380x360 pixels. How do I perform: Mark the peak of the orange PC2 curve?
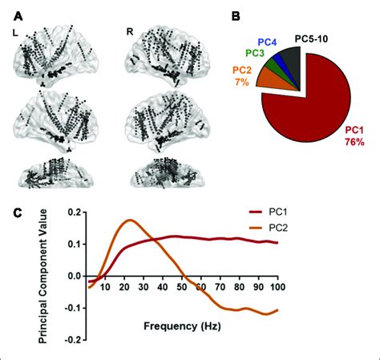[x=131, y=220]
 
